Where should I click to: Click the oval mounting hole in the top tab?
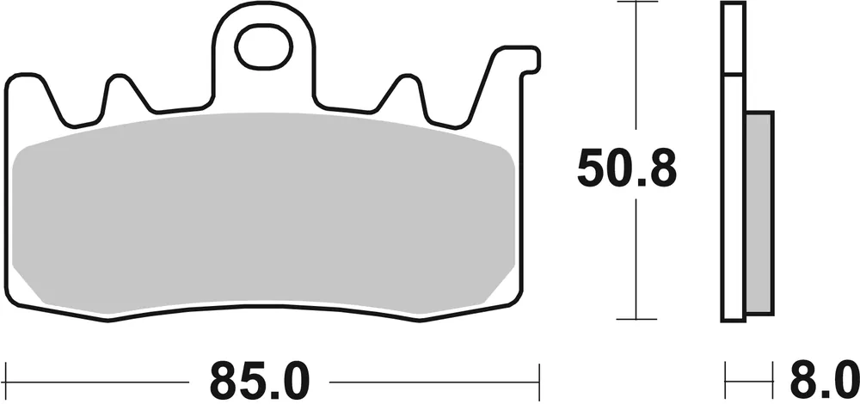(x=264, y=46)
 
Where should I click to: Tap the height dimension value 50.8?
(x=627, y=169)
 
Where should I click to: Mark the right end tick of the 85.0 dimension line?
(x=538, y=377)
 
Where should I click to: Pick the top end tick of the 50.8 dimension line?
(x=635, y=3)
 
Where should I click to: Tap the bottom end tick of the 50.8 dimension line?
(x=635, y=319)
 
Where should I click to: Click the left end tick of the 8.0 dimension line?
(x=725, y=377)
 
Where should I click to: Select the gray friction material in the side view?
(x=760, y=211)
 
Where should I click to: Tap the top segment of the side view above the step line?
(x=733, y=39)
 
